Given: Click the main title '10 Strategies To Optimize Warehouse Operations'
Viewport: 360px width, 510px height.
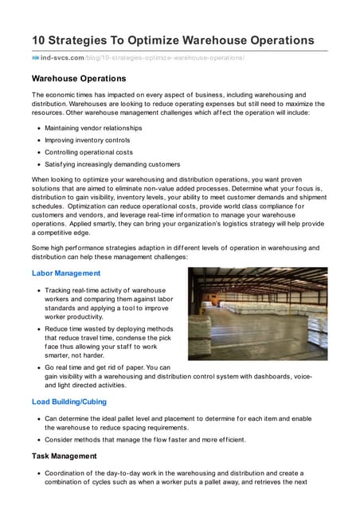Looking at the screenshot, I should pyautogui.click(x=173, y=40).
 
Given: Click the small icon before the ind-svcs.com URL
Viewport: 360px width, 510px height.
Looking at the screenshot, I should pyautogui.click(x=36, y=58).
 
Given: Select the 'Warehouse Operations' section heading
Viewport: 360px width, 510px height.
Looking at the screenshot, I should pyautogui.click(x=79, y=79).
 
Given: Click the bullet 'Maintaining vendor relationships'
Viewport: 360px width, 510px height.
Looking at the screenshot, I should pyautogui.click(x=93, y=127).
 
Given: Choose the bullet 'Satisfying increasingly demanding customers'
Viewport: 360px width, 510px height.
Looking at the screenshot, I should pyautogui.click(x=112, y=164).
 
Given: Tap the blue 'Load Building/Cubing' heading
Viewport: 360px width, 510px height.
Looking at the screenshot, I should pyautogui.click(x=69, y=402).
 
